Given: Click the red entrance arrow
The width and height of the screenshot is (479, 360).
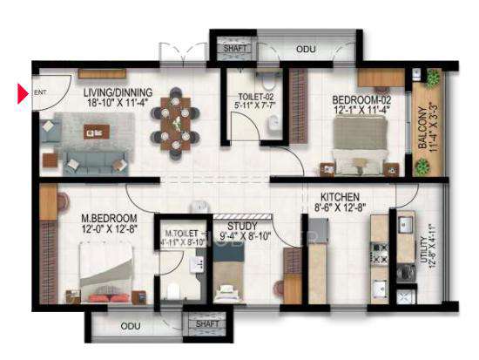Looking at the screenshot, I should tap(23, 91).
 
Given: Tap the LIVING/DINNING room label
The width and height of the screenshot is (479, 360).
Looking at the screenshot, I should tap(118, 92).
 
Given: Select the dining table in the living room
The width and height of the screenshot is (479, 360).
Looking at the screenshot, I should tap(179, 122).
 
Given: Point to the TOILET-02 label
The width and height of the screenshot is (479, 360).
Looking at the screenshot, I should tap(256, 97).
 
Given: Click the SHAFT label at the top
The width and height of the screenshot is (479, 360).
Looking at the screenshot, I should tap(234, 49).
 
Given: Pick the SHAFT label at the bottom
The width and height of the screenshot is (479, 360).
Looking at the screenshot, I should tap(207, 323).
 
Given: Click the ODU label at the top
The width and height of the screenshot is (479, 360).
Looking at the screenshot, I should tap(306, 49).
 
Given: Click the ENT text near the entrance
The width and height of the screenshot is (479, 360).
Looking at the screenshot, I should tap(39, 92).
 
